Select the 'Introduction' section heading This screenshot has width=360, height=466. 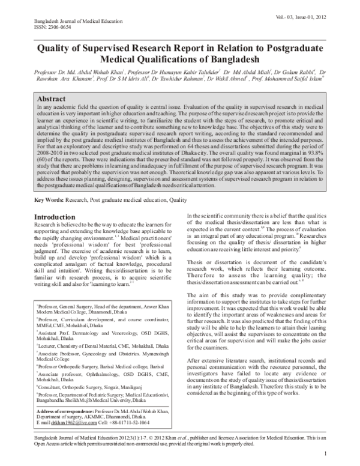point(58,216)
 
